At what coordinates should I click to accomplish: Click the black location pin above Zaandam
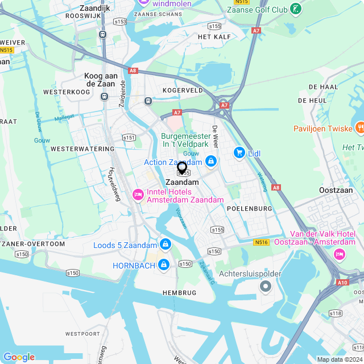pyautogui.click(x=182, y=167)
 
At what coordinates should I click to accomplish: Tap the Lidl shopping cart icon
pyautogui.click(x=239, y=152)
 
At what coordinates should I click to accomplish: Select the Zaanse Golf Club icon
pyautogui.click(x=296, y=9)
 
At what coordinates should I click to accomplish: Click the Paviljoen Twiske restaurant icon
pyautogui.click(x=359, y=127)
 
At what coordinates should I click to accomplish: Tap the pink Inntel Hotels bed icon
pyautogui.click(x=138, y=195)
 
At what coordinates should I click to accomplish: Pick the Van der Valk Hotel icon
pyautogui.click(x=340, y=254)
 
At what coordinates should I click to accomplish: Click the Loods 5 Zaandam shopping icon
pyautogui.click(x=165, y=244)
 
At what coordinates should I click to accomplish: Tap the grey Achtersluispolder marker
pyautogui.click(x=265, y=287)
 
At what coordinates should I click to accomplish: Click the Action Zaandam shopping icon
pyautogui.click(x=211, y=162)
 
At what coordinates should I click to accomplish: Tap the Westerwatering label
pyautogui.click(x=82, y=148)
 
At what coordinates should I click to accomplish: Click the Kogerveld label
pyautogui.click(x=183, y=90)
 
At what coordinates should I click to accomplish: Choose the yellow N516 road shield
pyautogui.click(x=261, y=242)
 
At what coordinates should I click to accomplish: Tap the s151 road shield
pyautogui.click(x=129, y=137)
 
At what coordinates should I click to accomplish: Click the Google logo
pyautogui.click(x=19, y=357)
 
